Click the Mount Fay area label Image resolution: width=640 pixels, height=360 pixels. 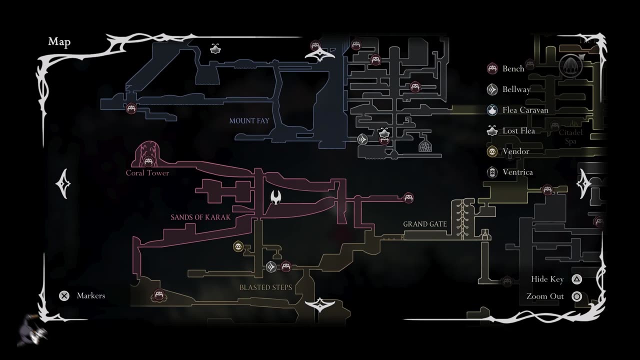pos(249,120)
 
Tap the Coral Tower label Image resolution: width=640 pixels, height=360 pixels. pos(147,173)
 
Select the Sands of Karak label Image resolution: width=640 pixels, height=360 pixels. pos(200,217)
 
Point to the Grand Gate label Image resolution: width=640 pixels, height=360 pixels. pos(425,224)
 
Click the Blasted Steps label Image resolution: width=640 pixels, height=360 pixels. pos(265,287)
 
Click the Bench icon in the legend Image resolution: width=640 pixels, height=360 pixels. pos(492,68)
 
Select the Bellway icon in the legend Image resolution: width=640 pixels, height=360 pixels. pos(492,89)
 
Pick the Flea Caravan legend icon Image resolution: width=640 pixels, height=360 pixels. pos(492,110)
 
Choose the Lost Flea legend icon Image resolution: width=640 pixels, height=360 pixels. pos(492,130)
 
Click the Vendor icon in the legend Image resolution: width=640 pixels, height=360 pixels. pos(492,151)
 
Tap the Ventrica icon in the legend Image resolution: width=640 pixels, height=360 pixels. pos(492,172)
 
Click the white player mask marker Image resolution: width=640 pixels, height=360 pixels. pos(275,197)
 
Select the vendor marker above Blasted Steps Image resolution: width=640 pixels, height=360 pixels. pos(238,246)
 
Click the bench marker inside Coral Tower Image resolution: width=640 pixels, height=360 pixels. pos(148,161)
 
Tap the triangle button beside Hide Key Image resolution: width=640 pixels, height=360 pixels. pos(576,279)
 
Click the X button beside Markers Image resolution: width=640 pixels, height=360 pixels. pos(64,295)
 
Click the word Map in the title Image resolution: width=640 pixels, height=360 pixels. pos(59,42)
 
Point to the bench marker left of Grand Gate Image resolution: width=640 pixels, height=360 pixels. pos(408,198)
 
